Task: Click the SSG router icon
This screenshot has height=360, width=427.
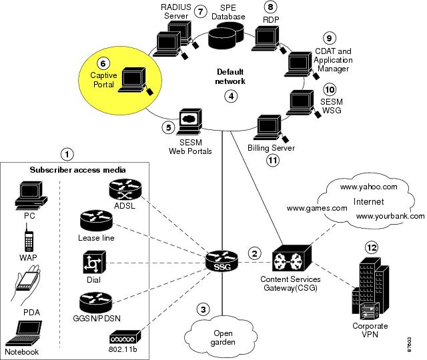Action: [222, 261]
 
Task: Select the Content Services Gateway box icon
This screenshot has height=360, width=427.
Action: [292, 258]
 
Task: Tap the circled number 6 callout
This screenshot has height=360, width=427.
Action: [103, 64]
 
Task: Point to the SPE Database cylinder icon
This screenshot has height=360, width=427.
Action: [226, 35]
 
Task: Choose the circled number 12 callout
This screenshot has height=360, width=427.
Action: [372, 247]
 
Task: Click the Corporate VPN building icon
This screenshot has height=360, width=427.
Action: [370, 289]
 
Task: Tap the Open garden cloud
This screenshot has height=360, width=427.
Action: [222, 337]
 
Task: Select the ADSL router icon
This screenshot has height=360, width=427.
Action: [125, 189]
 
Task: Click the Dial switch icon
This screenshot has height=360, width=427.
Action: [94, 262]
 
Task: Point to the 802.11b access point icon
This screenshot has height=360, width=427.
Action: [125, 337]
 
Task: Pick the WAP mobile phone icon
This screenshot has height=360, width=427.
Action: [29, 239]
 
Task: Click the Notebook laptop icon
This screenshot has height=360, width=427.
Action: [24, 333]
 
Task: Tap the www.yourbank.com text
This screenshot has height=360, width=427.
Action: [390, 216]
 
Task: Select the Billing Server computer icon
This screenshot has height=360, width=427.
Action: [270, 129]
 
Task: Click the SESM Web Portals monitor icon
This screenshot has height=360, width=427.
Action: [189, 121]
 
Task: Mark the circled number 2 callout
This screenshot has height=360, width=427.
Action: [254, 253]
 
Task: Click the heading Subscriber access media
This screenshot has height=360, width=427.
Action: [77, 170]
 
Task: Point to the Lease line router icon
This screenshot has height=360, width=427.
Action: [96, 221]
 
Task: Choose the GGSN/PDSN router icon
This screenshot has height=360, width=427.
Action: [95, 303]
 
